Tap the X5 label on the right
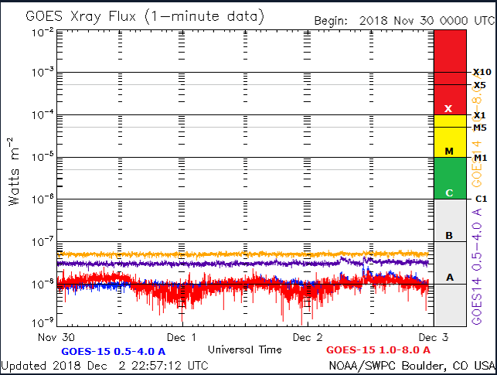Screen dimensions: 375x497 tap(480, 85)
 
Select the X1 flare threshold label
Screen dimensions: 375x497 tap(480, 115)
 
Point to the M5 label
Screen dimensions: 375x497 tap(480, 128)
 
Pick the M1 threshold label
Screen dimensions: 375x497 tap(480, 158)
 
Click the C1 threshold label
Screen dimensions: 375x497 tap(480, 199)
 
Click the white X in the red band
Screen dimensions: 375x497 tap(448, 109)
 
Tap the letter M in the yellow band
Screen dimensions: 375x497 tap(448, 152)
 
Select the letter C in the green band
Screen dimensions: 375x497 tap(448, 193)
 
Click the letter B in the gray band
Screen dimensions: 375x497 tap(448, 235)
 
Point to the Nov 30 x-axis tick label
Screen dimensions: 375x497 tap(59, 338)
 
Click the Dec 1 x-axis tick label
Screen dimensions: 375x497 tap(182, 338)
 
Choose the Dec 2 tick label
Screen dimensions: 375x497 tap(308, 338)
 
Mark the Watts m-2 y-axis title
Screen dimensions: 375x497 tap(14, 171)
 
